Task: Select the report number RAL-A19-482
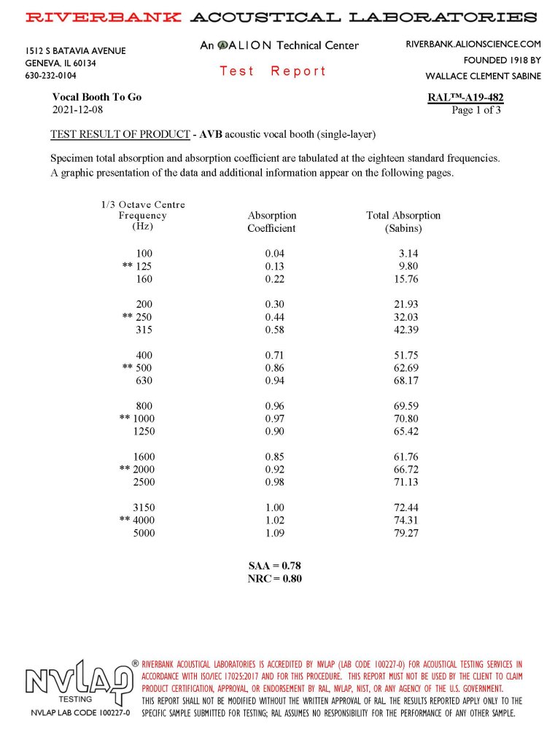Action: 465,98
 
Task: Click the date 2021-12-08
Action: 78,110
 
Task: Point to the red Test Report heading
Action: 273,71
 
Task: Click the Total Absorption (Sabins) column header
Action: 403,222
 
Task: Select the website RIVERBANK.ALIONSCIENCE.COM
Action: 473,44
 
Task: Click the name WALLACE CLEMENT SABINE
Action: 483,77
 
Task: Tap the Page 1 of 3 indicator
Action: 476,111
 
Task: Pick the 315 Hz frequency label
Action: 144,330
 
